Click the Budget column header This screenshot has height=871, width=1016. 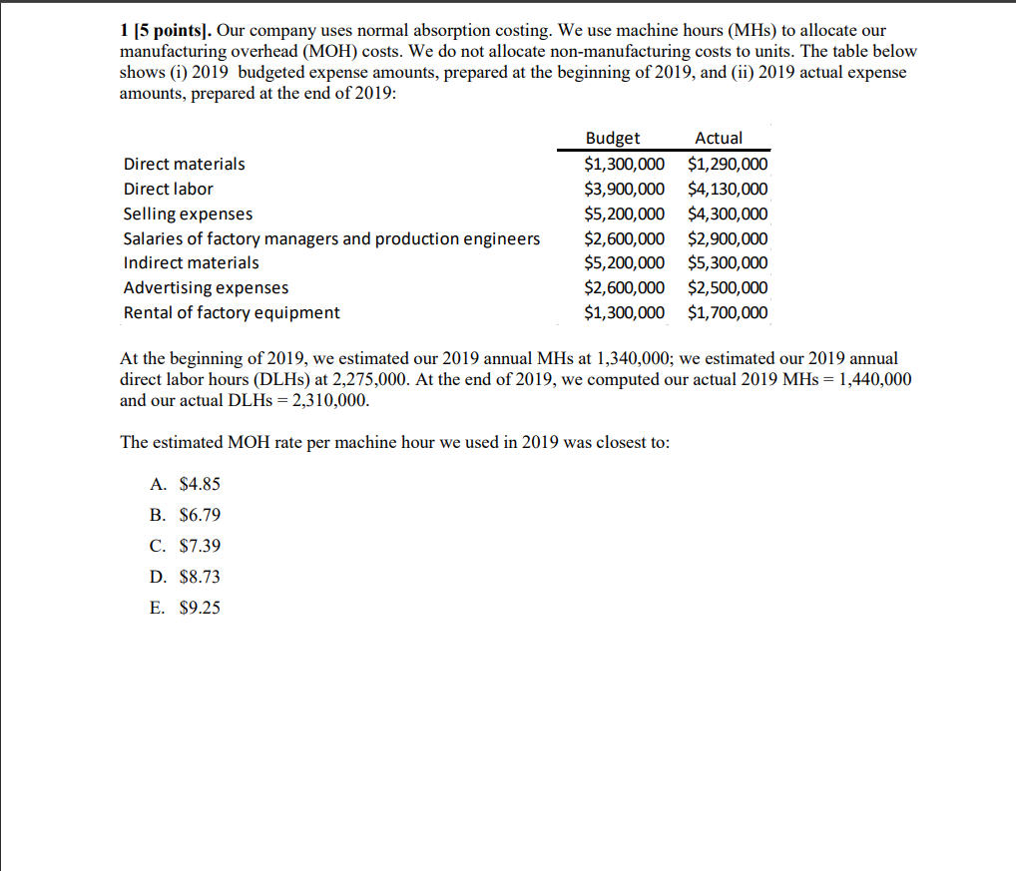coord(613,139)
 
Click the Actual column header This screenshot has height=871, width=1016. coord(719,139)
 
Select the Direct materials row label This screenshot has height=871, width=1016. coord(184,164)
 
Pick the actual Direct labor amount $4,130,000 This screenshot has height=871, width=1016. coord(728,189)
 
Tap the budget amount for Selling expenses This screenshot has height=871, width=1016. coord(624,214)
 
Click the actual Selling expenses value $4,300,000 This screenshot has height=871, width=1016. coord(728,214)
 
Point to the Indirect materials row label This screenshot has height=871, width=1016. coord(191,262)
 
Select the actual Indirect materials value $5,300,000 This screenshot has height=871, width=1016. coord(728,263)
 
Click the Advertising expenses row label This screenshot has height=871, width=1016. coord(206,287)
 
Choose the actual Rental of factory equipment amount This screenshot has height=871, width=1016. coord(728,312)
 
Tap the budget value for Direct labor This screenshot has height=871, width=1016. coord(624,189)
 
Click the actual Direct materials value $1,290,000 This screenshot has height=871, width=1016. coord(728,165)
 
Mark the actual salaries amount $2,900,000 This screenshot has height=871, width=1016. coord(728,238)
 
